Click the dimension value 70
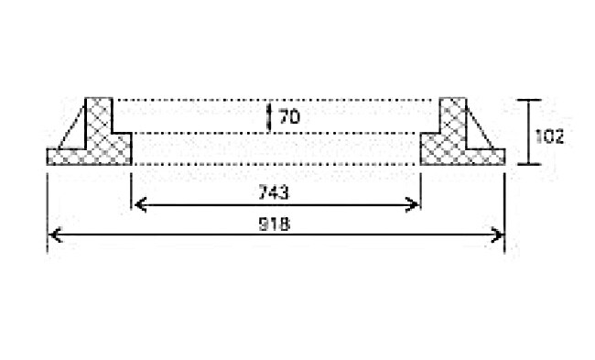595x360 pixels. coord(289,116)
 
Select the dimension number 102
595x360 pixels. coord(548,136)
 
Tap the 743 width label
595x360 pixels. coord(275,192)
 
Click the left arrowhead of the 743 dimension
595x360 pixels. coord(138,203)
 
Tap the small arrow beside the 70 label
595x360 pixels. coord(269,116)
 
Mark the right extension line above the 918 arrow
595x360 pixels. coord(505,197)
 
